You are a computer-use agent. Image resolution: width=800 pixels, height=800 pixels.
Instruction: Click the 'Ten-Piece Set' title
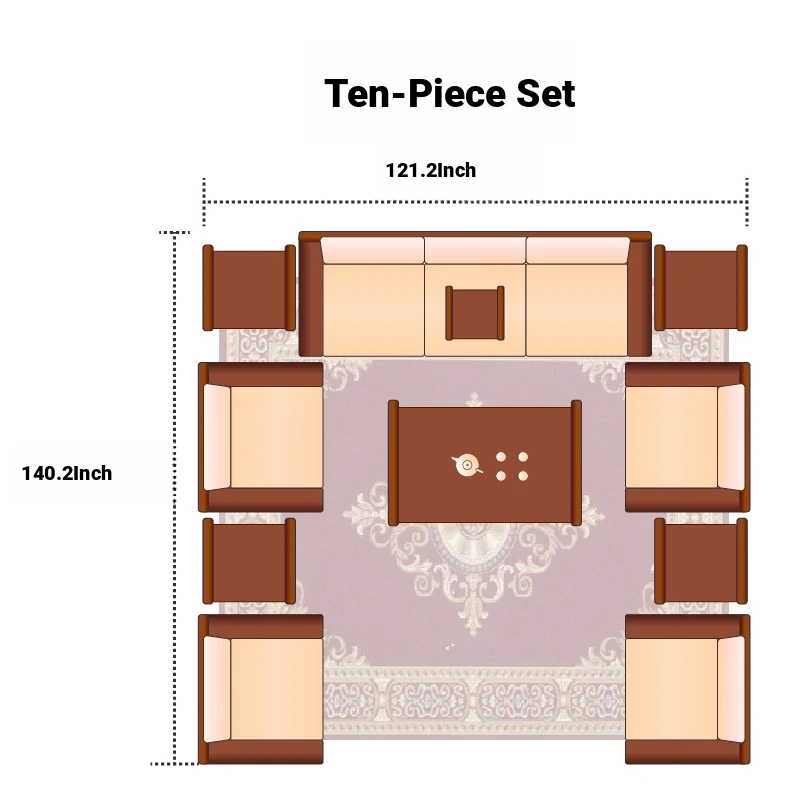[449, 94]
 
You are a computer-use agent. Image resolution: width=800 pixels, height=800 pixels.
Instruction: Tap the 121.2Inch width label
[431, 170]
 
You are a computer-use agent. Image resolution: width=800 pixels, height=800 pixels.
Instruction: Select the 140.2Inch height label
[67, 473]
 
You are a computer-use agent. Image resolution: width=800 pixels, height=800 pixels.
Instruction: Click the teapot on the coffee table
[466, 465]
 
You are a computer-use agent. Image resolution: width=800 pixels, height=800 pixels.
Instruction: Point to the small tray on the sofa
[475, 313]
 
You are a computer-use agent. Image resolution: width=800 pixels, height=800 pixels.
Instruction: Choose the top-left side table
[249, 288]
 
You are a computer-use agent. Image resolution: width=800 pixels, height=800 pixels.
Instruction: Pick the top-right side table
[701, 288]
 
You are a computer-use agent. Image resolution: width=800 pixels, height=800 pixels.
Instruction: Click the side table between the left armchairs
[249, 561]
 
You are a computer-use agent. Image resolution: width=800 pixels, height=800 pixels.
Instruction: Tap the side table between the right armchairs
[701, 561]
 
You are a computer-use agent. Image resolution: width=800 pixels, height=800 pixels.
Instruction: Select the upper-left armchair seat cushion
[277, 437]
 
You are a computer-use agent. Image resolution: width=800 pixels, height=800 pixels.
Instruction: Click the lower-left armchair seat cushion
[277, 689]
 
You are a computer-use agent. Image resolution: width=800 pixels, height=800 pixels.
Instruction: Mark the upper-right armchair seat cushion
[671, 437]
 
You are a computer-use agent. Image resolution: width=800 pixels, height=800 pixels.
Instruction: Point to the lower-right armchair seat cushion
[671, 689]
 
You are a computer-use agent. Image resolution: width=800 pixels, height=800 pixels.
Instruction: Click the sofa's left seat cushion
[373, 310]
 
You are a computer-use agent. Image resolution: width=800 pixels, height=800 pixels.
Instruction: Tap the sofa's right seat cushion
[577, 310]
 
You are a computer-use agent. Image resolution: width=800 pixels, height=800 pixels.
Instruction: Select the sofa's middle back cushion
[475, 250]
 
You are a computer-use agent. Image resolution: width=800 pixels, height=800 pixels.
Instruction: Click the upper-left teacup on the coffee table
[501, 457]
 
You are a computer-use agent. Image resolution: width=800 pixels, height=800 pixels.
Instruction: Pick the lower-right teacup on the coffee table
[523, 476]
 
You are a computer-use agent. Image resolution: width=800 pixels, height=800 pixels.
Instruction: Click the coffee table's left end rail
[393, 463]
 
